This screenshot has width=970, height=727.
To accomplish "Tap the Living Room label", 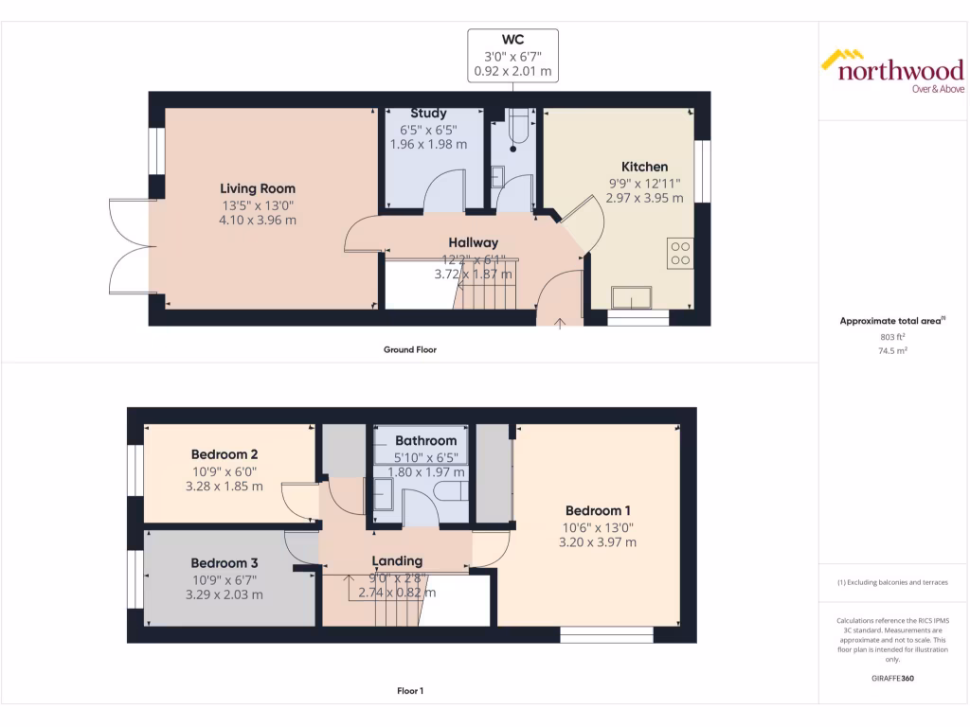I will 258,188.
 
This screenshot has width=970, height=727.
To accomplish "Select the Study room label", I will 428,114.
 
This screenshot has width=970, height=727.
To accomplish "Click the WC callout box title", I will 512,40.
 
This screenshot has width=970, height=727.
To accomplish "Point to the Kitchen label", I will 644,167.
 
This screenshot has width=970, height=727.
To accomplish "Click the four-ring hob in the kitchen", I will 680,253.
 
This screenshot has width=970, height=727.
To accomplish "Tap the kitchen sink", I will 632,298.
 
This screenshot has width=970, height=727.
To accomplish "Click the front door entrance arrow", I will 560,324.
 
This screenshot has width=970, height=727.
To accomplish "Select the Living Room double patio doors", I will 129,246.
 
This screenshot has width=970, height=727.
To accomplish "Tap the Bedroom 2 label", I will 225,453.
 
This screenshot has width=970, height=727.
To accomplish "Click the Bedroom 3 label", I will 225,562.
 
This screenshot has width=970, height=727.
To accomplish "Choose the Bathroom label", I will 425,440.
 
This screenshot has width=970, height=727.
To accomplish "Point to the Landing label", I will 397,560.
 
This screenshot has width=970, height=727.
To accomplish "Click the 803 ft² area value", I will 891,336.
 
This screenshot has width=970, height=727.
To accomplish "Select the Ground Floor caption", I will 409,349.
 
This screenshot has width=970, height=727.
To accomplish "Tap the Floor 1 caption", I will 409,691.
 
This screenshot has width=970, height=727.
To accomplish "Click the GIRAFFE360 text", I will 891,679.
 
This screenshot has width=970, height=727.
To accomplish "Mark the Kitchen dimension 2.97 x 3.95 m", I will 644,199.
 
